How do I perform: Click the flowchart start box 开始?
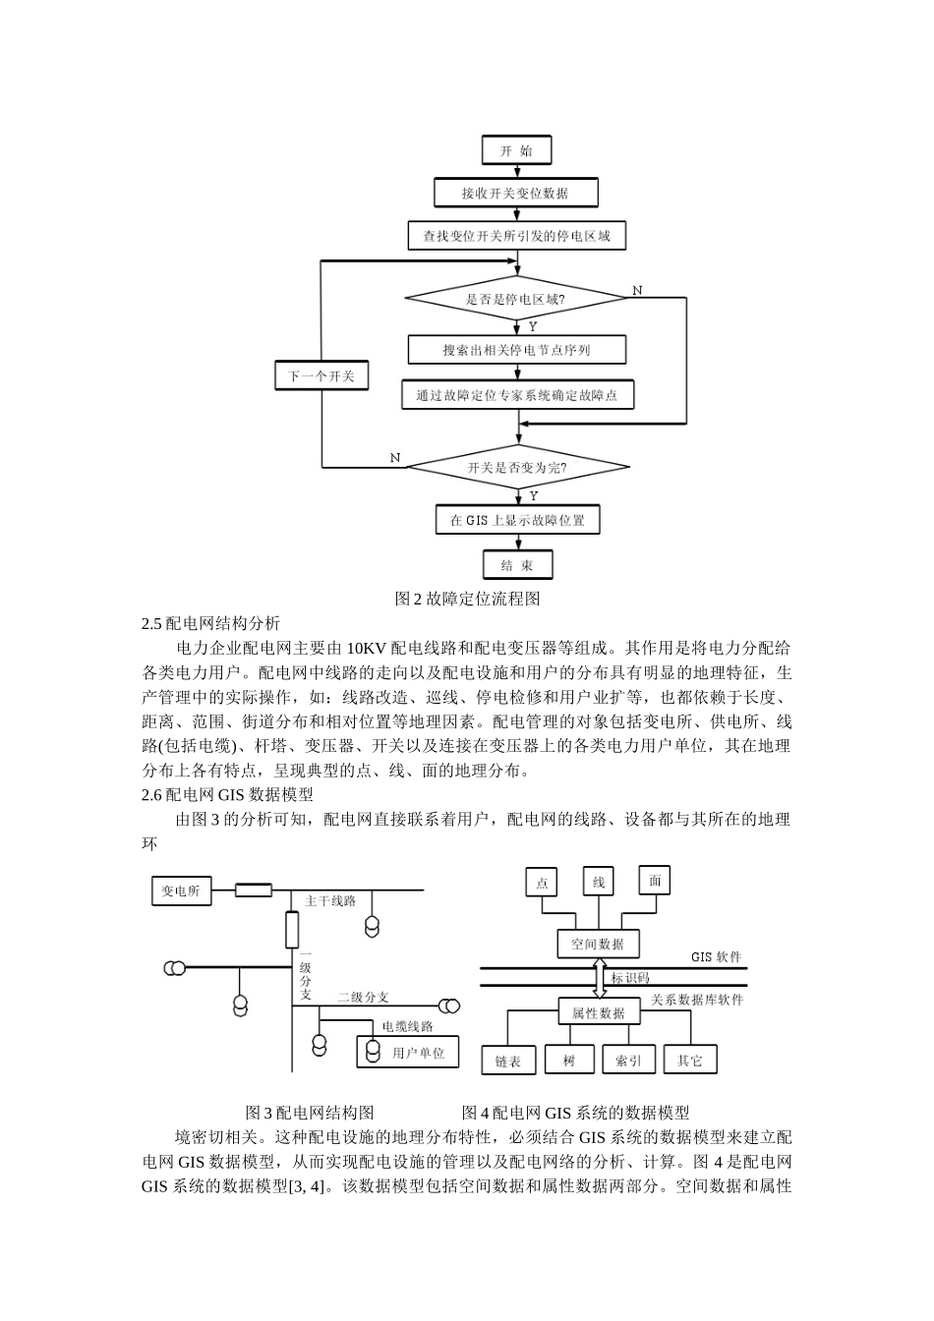coord(515,150)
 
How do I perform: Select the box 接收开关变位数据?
coord(515,193)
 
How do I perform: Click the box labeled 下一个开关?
coord(321,376)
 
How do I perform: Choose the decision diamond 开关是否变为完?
coord(517,468)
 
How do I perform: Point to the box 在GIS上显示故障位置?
coord(517,520)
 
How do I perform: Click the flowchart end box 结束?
coord(517,565)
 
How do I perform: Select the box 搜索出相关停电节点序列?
coord(516,350)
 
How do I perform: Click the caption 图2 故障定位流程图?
coord(467,598)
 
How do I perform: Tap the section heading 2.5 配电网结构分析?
coord(211,623)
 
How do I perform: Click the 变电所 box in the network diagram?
coord(181,890)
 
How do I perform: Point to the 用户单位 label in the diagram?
coord(419,1053)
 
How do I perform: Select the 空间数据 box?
coord(598,945)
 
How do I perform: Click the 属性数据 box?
coord(598,1013)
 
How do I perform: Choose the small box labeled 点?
coord(542,883)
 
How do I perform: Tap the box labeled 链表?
coord(508,1062)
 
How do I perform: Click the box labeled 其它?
coord(690,1061)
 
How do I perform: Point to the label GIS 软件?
coord(717,956)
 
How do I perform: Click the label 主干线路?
coord(330,900)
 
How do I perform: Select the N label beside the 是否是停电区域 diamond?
coord(637,290)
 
